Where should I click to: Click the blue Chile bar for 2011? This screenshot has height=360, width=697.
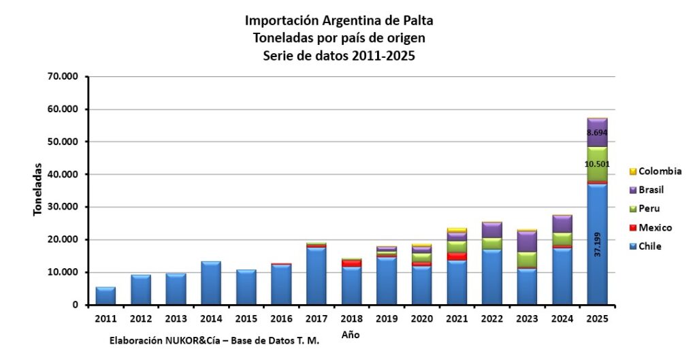(x=106, y=296)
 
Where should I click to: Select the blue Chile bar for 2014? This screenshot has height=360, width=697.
(x=211, y=283)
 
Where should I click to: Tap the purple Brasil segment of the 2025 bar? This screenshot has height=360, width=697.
(x=598, y=133)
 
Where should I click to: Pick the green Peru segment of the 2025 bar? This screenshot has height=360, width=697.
(x=598, y=164)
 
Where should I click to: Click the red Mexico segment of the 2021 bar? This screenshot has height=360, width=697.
(x=457, y=257)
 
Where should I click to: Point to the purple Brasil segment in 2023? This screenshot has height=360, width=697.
(x=528, y=242)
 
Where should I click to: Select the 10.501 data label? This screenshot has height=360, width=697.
(x=598, y=164)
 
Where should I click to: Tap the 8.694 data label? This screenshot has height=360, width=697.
(x=597, y=133)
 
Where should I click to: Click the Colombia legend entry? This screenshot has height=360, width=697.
(x=655, y=171)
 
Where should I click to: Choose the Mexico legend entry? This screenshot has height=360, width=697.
(x=651, y=227)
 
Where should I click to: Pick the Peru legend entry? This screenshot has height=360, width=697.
(x=645, y=208)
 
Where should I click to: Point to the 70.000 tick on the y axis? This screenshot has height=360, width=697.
(x=62, y=76)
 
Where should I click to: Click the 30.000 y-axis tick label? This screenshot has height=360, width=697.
(x=62, y=207)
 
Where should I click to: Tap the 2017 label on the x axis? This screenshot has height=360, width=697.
(x=317, y=318)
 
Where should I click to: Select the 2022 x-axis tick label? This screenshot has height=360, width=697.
(x=492, y=318)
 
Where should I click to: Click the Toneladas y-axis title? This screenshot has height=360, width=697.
(x=38, y=189)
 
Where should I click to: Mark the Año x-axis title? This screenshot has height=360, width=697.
(x=351, y=335)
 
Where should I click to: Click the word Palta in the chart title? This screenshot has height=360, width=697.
(x=418, y=20)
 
